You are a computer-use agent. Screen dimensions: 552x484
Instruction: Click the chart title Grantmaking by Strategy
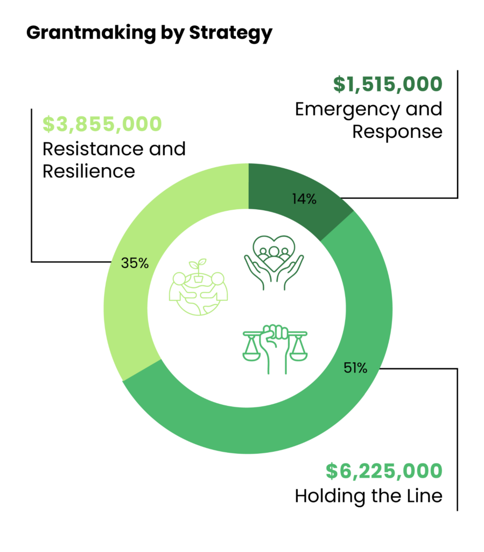coord(149,33)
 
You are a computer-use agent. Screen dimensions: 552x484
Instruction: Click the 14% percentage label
coord(305,199)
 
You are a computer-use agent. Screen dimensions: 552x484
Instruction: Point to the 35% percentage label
coord(135,264)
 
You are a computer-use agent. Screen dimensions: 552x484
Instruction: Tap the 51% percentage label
coord(355,369)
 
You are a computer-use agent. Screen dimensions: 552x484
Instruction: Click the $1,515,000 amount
coord(387,84)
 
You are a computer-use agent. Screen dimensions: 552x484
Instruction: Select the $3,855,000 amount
coord(102,123)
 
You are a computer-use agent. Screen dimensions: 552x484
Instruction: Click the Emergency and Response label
coord(369,120)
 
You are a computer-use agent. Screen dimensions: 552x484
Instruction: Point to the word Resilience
coord(89,171)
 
